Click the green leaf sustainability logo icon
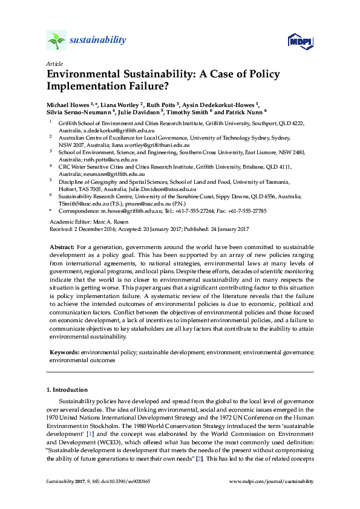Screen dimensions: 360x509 pos(56,40)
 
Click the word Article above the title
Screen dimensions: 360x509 pos(54,63)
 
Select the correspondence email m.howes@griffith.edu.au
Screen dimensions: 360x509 pos(131,210)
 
